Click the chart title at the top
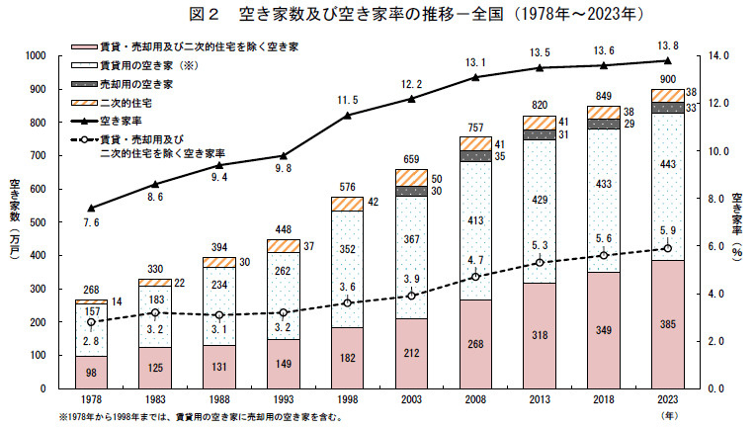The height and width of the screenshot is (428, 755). [416, 14]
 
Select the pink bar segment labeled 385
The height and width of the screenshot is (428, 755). [667, 324]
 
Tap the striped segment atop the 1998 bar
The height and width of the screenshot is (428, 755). [347, 205]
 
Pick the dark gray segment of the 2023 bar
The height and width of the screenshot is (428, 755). [667, 108]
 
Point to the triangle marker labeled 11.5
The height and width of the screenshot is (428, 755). [347, 115]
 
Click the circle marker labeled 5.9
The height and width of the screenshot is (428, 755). [667, 248]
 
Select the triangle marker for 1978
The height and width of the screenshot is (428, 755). [91, 208]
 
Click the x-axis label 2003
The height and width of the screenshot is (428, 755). [411, 399]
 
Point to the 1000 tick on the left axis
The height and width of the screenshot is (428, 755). [36, 55]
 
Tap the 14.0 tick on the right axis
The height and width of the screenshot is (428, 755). [718, 55]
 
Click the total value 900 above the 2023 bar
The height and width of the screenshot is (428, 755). [667, 79]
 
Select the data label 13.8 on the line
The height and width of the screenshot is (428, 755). [667, 45]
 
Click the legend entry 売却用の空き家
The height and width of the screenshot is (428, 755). [122, 84]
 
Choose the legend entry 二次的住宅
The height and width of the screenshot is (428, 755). [112, 103]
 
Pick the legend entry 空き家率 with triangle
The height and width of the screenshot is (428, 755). [106, 121]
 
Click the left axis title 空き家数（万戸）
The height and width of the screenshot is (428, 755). [15, 219]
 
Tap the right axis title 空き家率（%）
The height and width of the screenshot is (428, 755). [737, 226]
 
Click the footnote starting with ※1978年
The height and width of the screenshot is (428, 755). [202, 417]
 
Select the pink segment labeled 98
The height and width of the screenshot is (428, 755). [91, 373]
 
